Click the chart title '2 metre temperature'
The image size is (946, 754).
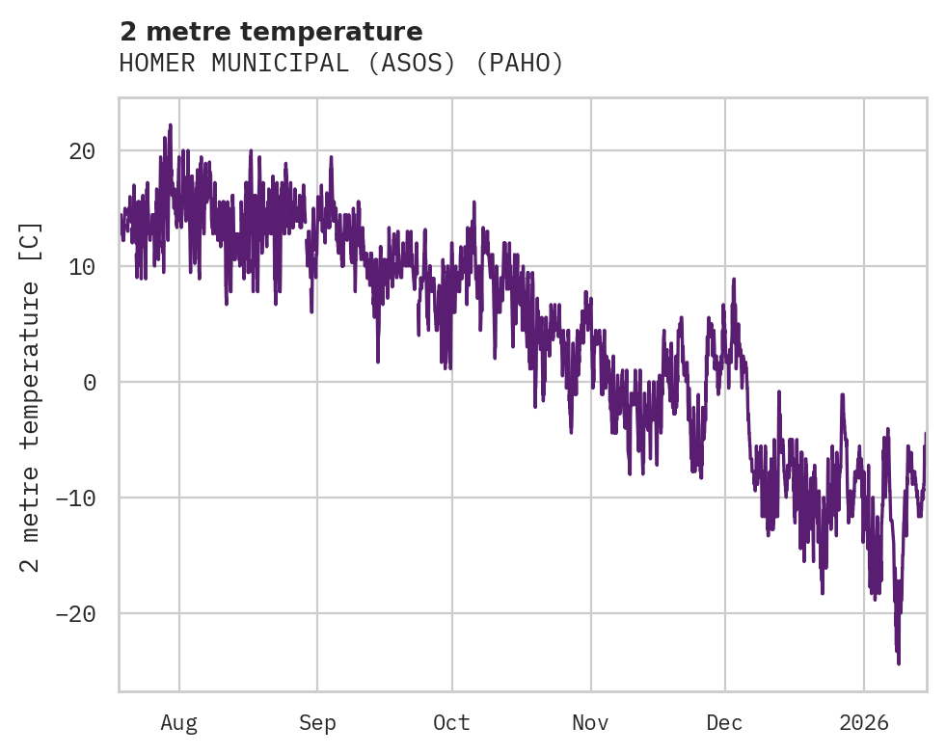[271, 32]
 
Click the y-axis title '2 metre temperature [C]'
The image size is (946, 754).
[32, 395]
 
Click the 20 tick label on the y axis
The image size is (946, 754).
[82, 151]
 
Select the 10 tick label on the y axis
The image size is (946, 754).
[82, 267]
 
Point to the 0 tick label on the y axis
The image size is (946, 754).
[89, 383]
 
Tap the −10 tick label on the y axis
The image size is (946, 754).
[75, 498]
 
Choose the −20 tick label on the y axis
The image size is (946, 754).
[75, 614]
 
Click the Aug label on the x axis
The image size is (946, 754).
[179, 722]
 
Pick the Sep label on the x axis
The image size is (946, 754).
[317, 722]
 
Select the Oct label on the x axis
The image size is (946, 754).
[451, 722]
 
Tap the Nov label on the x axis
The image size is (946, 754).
[590, 722]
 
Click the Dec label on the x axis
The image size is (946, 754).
[724, 722]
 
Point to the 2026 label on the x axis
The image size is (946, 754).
[863, 722]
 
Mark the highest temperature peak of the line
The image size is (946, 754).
[170, 125]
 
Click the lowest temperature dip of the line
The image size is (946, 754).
[898, 663]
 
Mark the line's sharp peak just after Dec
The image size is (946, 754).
[734, 280]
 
